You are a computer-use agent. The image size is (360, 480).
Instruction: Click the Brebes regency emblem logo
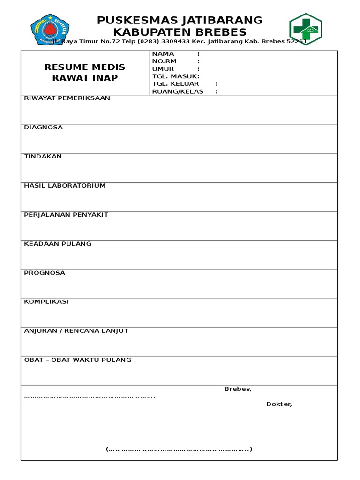click(49, 29)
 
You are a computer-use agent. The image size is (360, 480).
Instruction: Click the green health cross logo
click(305, 29)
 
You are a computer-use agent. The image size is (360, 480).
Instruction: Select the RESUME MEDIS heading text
click(85, 67)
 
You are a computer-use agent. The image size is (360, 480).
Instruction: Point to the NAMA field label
click(163, 54)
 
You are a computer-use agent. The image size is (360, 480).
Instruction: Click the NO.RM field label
click(165, 61)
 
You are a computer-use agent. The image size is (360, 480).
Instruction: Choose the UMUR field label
click(163, 69)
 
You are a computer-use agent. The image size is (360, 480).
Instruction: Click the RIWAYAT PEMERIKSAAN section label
click(67, 98)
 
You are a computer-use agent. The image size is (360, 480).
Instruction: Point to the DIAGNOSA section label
click(43, 127)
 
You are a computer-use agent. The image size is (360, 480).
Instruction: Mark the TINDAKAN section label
click(43, 157)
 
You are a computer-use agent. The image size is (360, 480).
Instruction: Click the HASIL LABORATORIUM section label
click(65, 186)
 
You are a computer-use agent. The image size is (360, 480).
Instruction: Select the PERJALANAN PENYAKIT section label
click(66, 215)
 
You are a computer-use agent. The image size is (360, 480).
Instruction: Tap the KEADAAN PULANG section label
click(58, 244)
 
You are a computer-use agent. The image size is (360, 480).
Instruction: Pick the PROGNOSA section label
click(45, 273)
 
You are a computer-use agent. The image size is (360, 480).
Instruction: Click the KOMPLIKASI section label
click(46, 302)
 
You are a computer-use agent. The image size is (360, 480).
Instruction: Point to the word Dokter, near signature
click(279, 404)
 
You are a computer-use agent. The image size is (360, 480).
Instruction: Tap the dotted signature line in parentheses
click(179, 450)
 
